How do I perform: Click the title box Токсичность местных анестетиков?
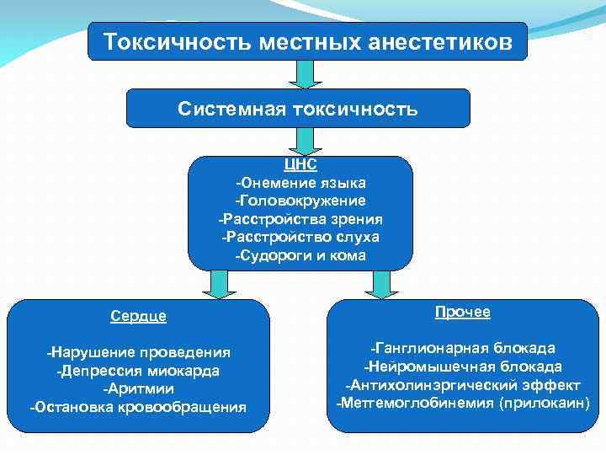click(307, 41)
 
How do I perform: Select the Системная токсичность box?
click(298, 109)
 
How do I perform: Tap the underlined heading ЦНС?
click(300, 165)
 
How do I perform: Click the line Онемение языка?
click(300, 182)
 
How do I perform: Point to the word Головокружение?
click(300, 201)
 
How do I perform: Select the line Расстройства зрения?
click(300, 218)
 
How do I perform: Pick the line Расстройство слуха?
click(300, 237)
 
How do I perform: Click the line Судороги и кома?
click(300, 254)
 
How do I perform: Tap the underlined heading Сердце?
click(138, 316)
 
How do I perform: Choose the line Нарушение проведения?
click(138, 351)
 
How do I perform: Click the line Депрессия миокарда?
click(138, 370)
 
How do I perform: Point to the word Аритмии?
click(138, 388)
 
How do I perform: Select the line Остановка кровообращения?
click(138, 407)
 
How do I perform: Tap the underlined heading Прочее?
click(463, 312)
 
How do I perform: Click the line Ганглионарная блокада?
click(463, 348)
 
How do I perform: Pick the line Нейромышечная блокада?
click(463, 367)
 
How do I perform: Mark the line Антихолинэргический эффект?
click(463, 385)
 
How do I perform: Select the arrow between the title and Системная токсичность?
click(300, 74)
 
